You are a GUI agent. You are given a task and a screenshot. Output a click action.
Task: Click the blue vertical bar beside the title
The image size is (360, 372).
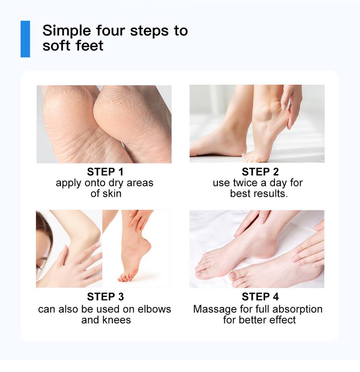pyautogui.click(x=25, y=39)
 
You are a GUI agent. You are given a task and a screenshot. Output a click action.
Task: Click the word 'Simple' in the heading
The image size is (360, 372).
pyautogui.click(x=65, y=31)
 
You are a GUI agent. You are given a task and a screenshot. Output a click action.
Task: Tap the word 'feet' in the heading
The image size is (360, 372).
pyautogui.click(x=91, y=46)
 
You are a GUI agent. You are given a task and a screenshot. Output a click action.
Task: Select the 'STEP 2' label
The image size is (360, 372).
pyautogui.click(x=258, y=172)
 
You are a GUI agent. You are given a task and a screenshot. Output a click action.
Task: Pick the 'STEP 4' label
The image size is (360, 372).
pyautogui.click(x=258, y=297)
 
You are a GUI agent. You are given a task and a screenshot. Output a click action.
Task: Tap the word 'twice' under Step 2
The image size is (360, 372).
pyautogui.click(x=244, y=183)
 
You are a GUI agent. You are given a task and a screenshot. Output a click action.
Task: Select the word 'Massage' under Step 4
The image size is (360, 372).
pyautogui.click(x=214, y=309)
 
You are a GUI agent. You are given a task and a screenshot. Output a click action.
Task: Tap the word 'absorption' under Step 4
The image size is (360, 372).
pyautogui.click(x=296, y=309)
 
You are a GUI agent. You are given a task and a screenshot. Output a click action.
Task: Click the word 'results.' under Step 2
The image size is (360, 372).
pyautogui.click(x=269, y=193)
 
